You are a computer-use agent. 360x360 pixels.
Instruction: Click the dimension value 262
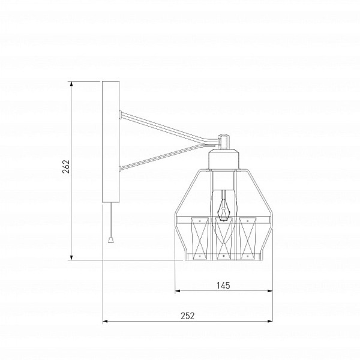tap(66, 167)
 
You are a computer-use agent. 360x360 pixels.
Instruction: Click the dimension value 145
tap(223, 286)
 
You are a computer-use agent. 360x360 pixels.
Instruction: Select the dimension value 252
tap(188, 316)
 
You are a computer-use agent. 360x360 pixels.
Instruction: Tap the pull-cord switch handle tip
tap(111, 240)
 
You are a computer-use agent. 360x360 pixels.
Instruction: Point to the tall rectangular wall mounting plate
tap(110, 142)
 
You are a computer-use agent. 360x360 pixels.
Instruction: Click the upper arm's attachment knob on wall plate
tap(120, 115)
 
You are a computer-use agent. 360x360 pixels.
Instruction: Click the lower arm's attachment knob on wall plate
tap(120, 169)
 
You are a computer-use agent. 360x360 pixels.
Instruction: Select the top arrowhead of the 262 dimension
tap(71, 84)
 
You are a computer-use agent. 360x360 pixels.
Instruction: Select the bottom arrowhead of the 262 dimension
tap(71, 257)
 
